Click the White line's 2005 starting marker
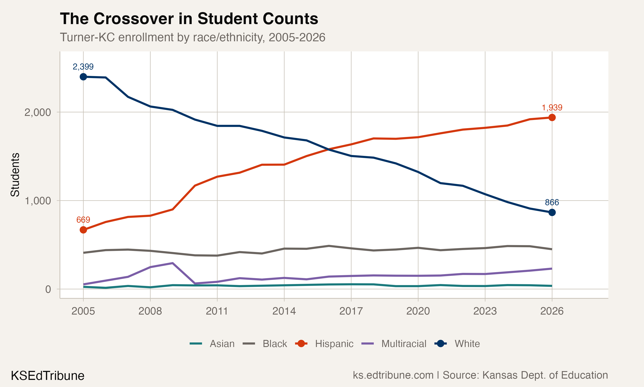pos(83,77)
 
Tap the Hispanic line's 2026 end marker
pos(552,118)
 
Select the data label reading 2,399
pos(83,67)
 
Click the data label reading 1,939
pos(552,107)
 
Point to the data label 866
pos(552,202)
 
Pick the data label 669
pos(83,220)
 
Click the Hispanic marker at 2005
pos(83,230)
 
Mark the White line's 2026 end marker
pos(552,213)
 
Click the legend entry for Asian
pos(222,344)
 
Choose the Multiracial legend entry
pos(404,344)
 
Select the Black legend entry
pos(275,344)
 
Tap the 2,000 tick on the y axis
pos(38,112)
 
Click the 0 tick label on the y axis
pos(48,289)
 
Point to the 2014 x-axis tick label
pos(284,311)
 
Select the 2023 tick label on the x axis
pos(485,311)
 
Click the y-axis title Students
pos(15,175)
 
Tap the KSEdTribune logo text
pos(48,376)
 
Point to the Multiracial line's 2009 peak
pos(173,263)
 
